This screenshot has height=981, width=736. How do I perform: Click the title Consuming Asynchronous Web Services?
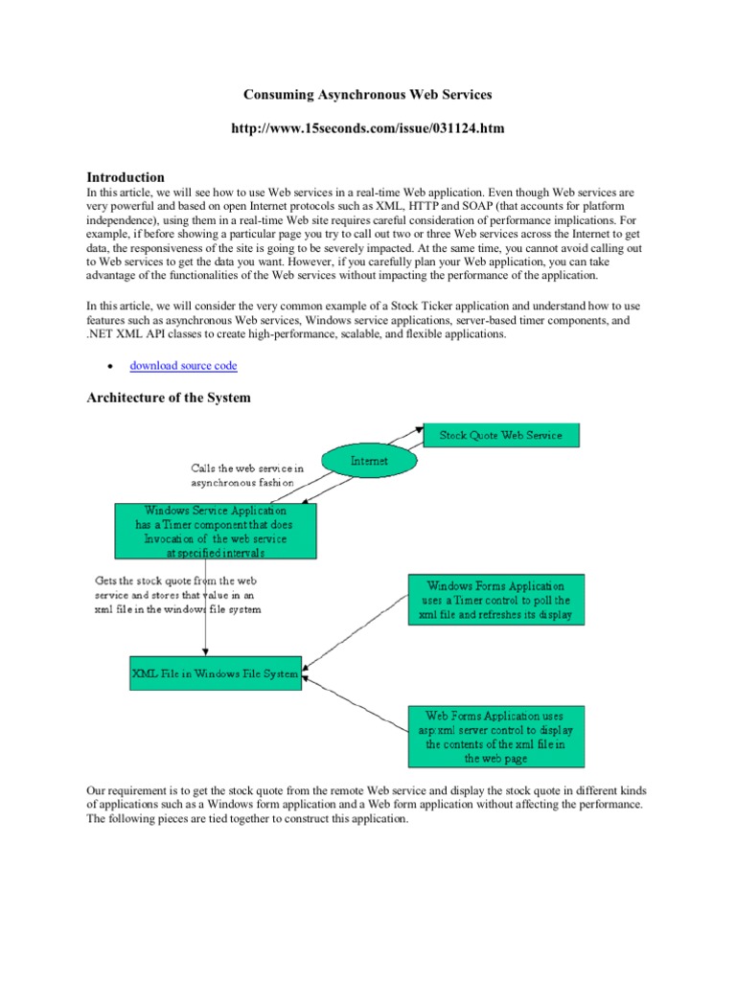point(369,96)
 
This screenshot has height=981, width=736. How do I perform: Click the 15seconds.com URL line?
point(369,128)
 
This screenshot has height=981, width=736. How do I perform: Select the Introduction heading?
point(126,177)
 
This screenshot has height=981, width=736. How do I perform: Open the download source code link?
point(183,366)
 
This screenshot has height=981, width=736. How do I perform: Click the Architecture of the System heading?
point(169,398)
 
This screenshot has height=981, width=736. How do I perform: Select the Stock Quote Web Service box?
point(500,436)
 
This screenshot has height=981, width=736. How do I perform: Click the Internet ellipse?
point(369,461)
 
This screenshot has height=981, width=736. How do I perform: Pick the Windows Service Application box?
point(216,532)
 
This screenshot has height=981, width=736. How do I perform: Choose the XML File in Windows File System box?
point(216,673)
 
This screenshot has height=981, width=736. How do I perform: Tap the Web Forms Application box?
point(495,737)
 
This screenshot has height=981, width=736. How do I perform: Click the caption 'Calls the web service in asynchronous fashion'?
point(247,476)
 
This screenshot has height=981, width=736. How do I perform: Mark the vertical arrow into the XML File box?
point(206,613)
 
